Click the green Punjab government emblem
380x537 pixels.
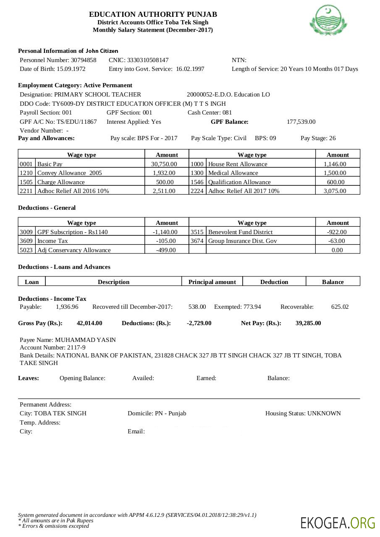pyautogui.click(x=328, y=20)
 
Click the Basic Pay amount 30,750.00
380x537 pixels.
pyautogui.click(x=164, y=164)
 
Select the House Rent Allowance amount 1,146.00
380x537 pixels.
pyautogui.click(x=335, y=164)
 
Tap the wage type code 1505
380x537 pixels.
pyautogui.click(x=26, y=182)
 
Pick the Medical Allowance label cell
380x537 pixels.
pyautogui.click(x=233, y=173)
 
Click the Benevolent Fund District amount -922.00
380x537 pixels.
pyautogui.click(x=337, y=232)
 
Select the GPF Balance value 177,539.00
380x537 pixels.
pyautogui.click(x=301, y=122)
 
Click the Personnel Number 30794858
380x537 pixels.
pyautogui.click(x=84, y=60)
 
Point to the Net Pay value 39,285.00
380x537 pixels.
pyautogui.click(x=308, y=323)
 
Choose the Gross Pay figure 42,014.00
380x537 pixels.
pyautogui.click(x=89, y=323)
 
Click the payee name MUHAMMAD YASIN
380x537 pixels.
pyautogui.click(x=85, y=340)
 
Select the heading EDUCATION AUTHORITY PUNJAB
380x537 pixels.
pyautogui.click(x=153, y=15)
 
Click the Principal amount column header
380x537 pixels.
pyautogui.click(x=212, y=282)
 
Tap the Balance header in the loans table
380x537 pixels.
pyautogui.click(x=333, y=282)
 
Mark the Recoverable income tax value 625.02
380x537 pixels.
pyautogui.click(x=340, y=307)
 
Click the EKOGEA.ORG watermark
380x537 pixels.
pyautogui.click(x=338, y=523)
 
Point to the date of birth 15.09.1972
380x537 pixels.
pyautogui.click(x=71, y=69)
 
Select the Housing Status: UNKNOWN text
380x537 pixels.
pyautogui.click(x=303, y=413)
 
